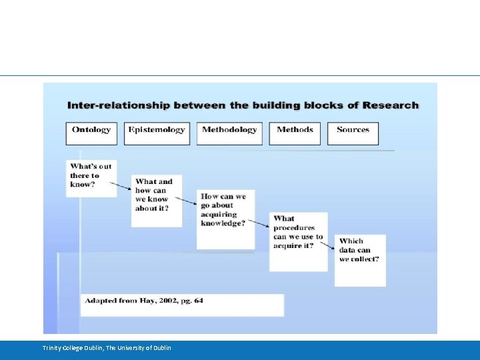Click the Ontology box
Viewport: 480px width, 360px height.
coord(91,133)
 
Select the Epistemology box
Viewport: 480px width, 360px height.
coord(157,133)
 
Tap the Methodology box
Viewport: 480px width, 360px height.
coord(229,133)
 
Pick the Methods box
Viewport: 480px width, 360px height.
coord(295,133)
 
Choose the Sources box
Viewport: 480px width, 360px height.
coord(353,133)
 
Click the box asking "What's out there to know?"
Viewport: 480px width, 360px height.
coord(91,177)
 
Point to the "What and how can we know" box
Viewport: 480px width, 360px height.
coord(156,199)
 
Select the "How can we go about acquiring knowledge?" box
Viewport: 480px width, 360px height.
coord(225,219)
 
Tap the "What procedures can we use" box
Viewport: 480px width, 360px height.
coord(298,241)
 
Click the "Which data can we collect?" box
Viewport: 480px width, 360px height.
coord(360,259)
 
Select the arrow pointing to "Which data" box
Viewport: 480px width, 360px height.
coord(326,245)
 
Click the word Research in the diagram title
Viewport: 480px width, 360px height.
coord(395,105)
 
